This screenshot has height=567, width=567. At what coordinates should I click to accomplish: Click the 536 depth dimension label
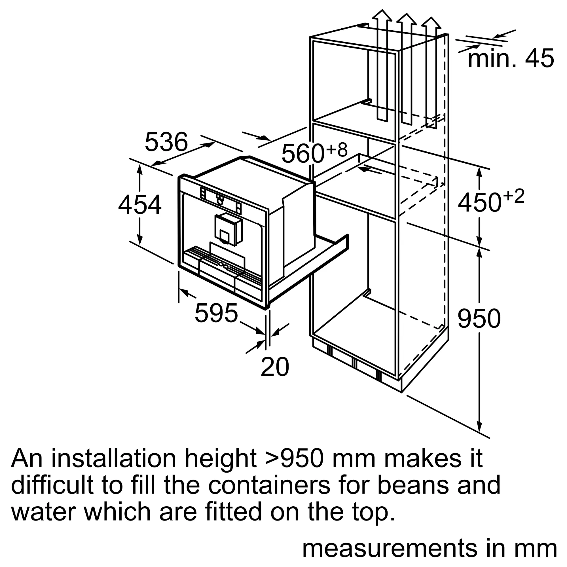pos(166,142)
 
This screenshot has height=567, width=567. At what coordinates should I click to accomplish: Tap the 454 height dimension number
pos(140,205)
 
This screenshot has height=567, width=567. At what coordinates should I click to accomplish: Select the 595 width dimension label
pos(216,313)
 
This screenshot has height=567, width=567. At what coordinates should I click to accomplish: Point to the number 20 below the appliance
pos(275,367)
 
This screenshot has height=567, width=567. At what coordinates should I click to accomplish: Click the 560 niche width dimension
pos(302,153)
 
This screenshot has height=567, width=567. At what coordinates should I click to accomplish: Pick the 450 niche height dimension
pos(479,202)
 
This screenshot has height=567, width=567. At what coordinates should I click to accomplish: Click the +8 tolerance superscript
pos(337,149)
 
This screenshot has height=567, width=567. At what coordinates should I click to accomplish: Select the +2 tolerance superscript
pos(513,196)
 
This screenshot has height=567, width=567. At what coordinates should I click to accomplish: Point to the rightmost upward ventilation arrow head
pos(431,23)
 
